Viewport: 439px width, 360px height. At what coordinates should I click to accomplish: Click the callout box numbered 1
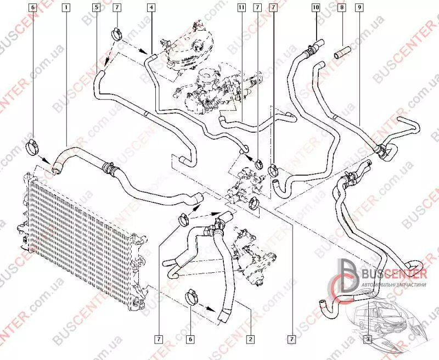point(66,8)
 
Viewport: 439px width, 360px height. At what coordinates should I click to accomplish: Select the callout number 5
point(96,8)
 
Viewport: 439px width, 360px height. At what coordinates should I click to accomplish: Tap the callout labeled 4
point(151,8)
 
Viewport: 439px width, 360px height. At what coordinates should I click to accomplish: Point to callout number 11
point(241,8)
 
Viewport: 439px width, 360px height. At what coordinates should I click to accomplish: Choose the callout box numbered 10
point(315,8)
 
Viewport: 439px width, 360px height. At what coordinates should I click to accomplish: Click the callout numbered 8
point(341,8)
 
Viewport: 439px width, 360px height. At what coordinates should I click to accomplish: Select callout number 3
point(367,339)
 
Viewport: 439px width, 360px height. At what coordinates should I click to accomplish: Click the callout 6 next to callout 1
point(32,8)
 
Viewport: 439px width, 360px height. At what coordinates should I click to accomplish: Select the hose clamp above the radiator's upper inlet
point(33,146)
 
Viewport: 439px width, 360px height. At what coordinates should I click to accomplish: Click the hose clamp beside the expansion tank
point(117,35)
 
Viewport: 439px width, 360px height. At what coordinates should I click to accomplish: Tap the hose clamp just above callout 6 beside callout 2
point(192,296)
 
